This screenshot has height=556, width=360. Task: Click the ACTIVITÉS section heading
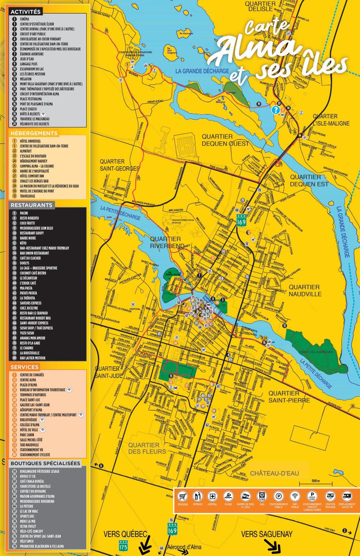(26, 12)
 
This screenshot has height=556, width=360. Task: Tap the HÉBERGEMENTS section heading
(34, 133)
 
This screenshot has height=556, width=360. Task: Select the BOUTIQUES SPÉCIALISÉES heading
(45, 463)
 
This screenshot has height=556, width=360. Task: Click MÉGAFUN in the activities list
(26, 79)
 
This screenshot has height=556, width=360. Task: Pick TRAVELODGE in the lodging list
(28, 196)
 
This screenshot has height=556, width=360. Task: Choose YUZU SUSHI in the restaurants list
(27, 333)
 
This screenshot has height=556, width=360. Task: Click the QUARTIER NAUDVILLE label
(304, 290)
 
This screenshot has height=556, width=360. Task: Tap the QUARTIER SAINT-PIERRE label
(289, 397)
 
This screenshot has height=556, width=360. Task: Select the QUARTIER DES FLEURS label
(147, 448)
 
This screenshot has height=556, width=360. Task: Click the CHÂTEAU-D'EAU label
(274, 473)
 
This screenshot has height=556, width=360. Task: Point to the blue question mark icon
(275, 110)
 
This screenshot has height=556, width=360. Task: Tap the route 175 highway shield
(123, 546)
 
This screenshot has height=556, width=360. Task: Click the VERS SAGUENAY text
(267, 534)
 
